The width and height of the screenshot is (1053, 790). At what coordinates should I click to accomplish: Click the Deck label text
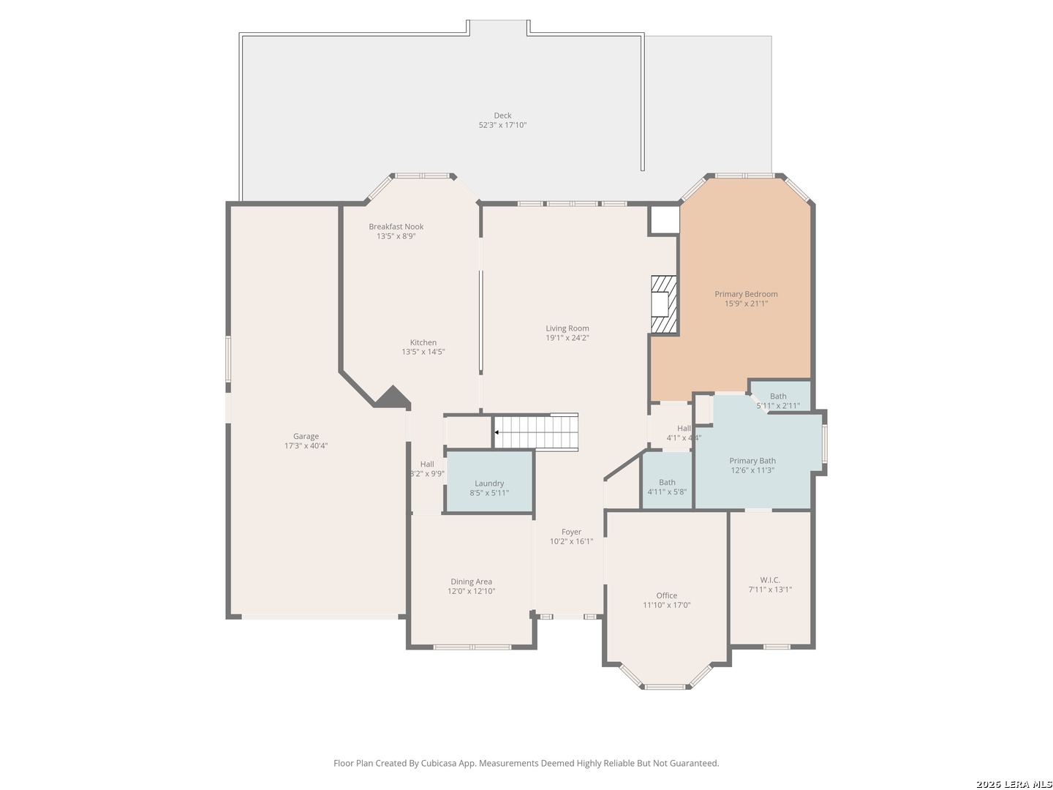click(x=502, y=116)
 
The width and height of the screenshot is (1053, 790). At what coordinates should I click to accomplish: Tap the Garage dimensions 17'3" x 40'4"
click(x=306, y=445)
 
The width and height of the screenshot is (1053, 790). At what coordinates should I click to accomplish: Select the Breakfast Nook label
click(x=396, y=227)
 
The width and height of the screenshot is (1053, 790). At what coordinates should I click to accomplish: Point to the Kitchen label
click(x=423, y=342)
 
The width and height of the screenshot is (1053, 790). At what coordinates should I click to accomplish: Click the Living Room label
click(x=567, y=328)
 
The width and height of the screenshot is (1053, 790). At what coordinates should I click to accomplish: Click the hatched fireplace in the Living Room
click(x=664, y=304)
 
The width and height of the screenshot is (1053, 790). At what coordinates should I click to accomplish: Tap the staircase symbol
click(x=536, y=432)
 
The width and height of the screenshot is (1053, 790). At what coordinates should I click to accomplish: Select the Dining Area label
click(x=471, y=582)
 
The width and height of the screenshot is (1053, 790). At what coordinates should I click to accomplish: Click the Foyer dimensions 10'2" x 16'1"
click(x=571, y=541)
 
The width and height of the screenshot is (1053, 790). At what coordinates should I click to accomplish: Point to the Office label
click(x=666, y=595)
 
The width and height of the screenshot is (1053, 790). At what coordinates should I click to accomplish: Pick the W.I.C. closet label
click(x=769, y=580)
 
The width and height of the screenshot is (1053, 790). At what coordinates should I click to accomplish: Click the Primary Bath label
click(x=752, y=461)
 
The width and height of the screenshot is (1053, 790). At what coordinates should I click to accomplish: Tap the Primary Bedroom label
click(x=746, y=294)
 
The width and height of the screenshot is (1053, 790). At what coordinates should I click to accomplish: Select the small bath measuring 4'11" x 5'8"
click(x=667, y=486)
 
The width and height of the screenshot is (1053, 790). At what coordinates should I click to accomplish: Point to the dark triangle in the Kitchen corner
click(x=392, y=397)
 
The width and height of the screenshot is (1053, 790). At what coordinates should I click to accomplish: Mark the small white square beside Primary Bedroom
click(x=664, y=219)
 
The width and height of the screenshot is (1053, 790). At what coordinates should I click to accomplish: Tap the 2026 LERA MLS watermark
click(x=1014, y=784)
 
